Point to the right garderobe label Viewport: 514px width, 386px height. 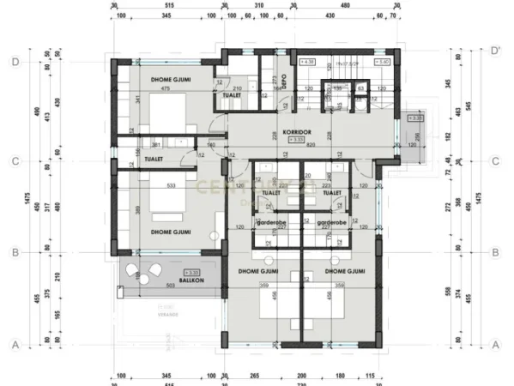(x=330, y=222)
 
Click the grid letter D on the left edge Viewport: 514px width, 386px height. (x=15, y=62)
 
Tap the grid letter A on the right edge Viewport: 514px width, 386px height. (x=495, y=345)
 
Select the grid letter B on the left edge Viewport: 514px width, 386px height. (x=15, y=252)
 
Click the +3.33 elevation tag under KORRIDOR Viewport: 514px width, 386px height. (x=296, y=139)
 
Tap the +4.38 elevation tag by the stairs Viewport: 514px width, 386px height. (x=308, y=63)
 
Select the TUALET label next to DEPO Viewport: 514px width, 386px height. (x=231, y=95)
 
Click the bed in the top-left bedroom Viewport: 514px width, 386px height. (x=170, y=112)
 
